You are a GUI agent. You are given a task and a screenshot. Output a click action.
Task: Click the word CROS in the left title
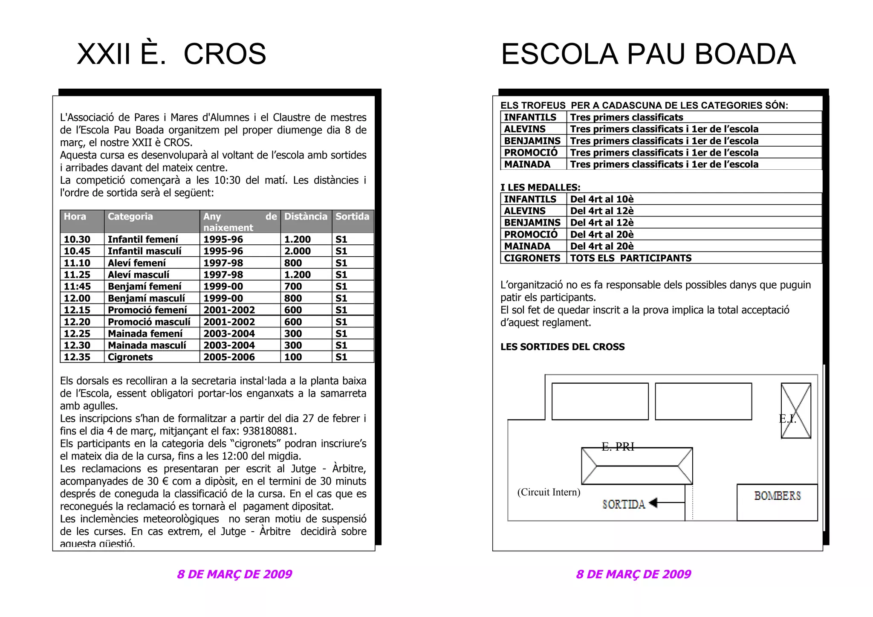coord(225,54)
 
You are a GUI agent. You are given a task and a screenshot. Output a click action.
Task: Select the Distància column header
coord(306,217)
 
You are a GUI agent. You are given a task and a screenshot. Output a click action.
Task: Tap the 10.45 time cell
coord(77,251)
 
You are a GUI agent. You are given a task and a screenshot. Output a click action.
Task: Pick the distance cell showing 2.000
coord(298,251)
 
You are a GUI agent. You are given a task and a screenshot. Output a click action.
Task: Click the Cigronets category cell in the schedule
coord(130,357)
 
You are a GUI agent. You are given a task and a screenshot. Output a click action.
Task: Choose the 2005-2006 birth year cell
coord(229,357)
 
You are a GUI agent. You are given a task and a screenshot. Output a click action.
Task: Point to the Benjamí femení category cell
coord(145,287)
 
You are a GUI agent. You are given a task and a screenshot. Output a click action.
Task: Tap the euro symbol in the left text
coord(165,481)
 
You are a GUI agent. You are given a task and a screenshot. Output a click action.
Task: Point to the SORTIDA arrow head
coord(653,503)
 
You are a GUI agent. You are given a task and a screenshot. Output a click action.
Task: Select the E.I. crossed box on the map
coord(795,411)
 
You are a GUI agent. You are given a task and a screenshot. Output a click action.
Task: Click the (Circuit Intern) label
coord(549,492)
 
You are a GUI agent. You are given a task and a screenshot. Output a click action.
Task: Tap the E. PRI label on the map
coord(618,446)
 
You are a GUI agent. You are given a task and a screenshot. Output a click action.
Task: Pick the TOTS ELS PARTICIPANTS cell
coord(631,258)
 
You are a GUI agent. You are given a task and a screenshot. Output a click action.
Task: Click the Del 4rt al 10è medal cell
coord(602,199)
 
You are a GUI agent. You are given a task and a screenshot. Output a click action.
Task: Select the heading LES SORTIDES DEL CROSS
coord(562,347)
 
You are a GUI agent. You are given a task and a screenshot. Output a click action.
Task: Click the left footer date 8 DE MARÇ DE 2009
coord(234,574)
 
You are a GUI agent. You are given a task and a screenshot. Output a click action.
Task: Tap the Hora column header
coord(75,217)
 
